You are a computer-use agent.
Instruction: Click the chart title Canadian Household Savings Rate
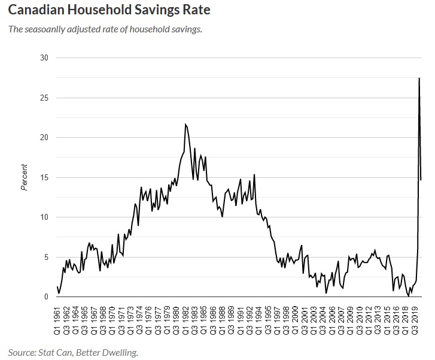point(109,10)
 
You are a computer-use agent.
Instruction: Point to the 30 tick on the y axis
point(44,58)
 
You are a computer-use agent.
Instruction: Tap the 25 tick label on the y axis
point(44,98)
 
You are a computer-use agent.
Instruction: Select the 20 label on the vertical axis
point(44,137)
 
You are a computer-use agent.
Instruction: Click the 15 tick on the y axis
point(44,177)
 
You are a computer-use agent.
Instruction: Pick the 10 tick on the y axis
point(44,217)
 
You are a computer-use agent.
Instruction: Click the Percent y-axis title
point(25,177)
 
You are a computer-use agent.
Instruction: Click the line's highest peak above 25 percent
point(419,78)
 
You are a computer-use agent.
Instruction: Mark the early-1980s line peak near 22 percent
point(185,124)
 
